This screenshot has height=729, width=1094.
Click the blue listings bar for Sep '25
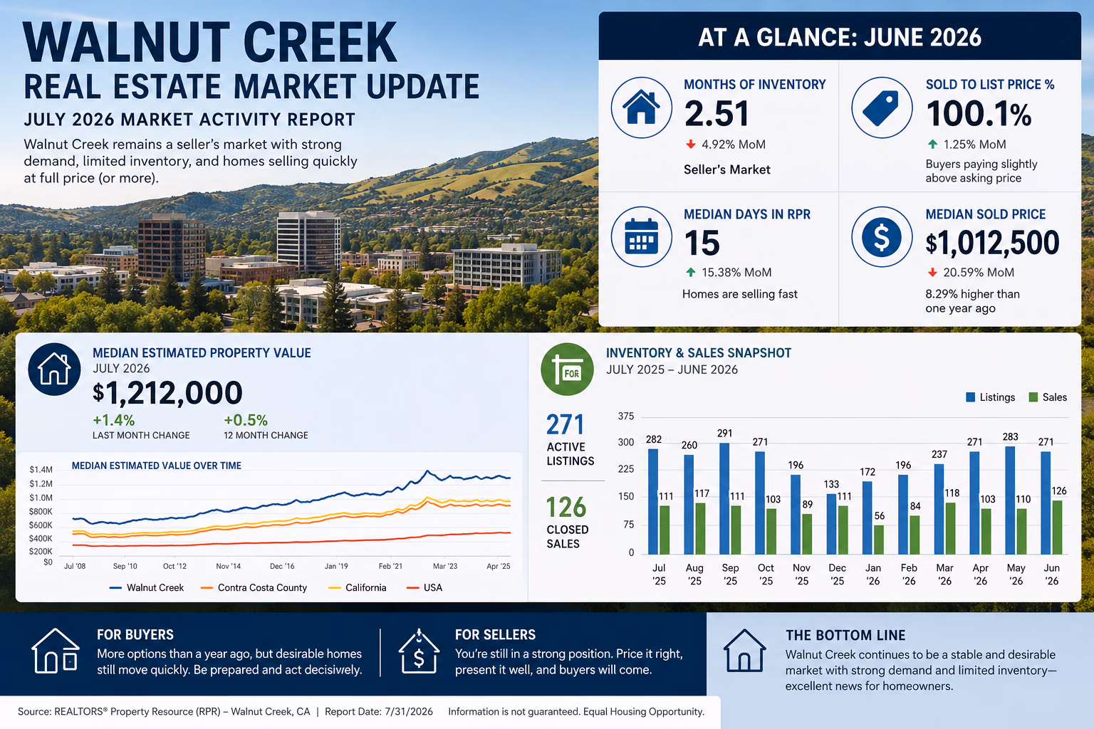(724, 498)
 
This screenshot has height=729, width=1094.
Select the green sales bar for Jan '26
(878, 540)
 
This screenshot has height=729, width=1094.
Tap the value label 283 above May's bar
(1010, 436)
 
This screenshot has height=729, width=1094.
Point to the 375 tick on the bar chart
(625, 416)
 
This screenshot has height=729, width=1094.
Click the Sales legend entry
(1048, 397)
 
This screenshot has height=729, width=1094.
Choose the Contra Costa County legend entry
(254, 587)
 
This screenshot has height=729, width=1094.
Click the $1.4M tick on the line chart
(41, 470)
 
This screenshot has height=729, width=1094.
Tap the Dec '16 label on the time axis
(282, 566)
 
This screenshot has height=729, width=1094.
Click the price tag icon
(881, 107)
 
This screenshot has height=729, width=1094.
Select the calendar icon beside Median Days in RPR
(641, 236)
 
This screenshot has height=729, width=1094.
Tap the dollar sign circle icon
(882, 237)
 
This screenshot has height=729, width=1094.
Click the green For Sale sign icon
(567, 369)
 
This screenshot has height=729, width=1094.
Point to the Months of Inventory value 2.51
(717, 114)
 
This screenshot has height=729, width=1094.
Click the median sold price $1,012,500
(992, 243)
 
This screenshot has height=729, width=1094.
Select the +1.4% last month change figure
(114, 420)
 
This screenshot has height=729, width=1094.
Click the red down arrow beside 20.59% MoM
(932, 273)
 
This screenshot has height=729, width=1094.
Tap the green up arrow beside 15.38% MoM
(691, 273)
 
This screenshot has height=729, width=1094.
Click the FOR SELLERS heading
(495, 634)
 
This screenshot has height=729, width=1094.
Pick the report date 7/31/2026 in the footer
(409, 711)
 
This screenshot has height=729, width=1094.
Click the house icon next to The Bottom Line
(744, 651)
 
